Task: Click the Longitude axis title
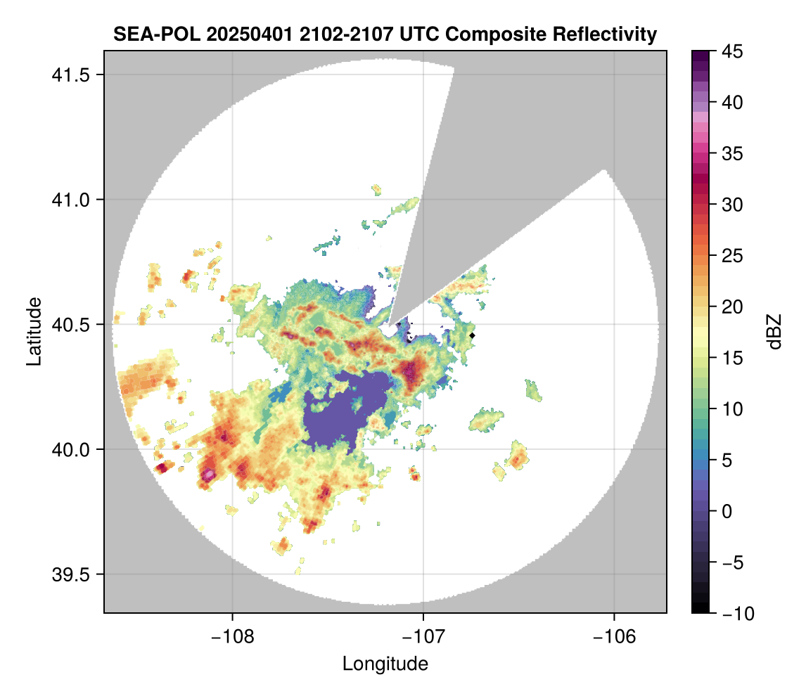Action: click(385, 664)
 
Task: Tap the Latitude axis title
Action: click(33, 331)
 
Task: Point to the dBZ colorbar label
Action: click(774, 331)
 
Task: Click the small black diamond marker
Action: click(473, 335)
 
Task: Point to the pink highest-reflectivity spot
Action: click(209, 475)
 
